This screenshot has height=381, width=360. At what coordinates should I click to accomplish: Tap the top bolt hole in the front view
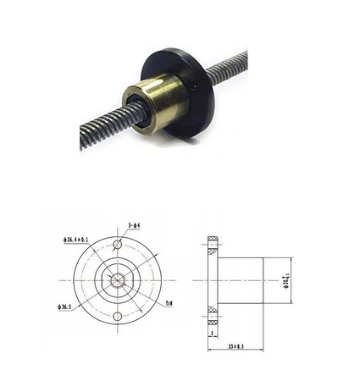pyautogui.click(x=117, y=246)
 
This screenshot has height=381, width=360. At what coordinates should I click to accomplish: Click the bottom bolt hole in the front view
pyautogui.click(x=117, y=316)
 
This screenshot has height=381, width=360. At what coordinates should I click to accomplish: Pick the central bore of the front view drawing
pyautogui.click(x=117, y=279)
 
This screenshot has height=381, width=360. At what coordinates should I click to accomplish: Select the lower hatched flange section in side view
pyautogui.click(x=213, y=313)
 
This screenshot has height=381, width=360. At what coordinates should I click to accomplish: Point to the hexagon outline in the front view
pyautogui.click(x=117, y=270)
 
